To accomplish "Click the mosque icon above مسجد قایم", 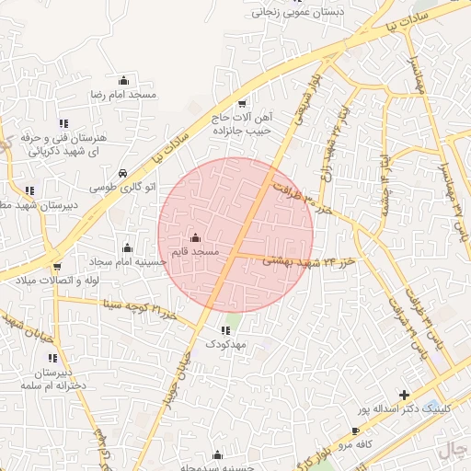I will point(193,238).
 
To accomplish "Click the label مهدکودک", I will point(225,344).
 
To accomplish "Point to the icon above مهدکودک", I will point(225,330).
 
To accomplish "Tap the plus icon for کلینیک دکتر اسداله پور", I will point(404,395).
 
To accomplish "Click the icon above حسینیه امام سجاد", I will point(127,247).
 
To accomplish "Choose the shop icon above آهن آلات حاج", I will point(242,104).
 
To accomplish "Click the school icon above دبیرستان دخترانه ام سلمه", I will point(52,358).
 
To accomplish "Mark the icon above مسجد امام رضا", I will point(123,81).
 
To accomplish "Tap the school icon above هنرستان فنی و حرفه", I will point(63,123).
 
